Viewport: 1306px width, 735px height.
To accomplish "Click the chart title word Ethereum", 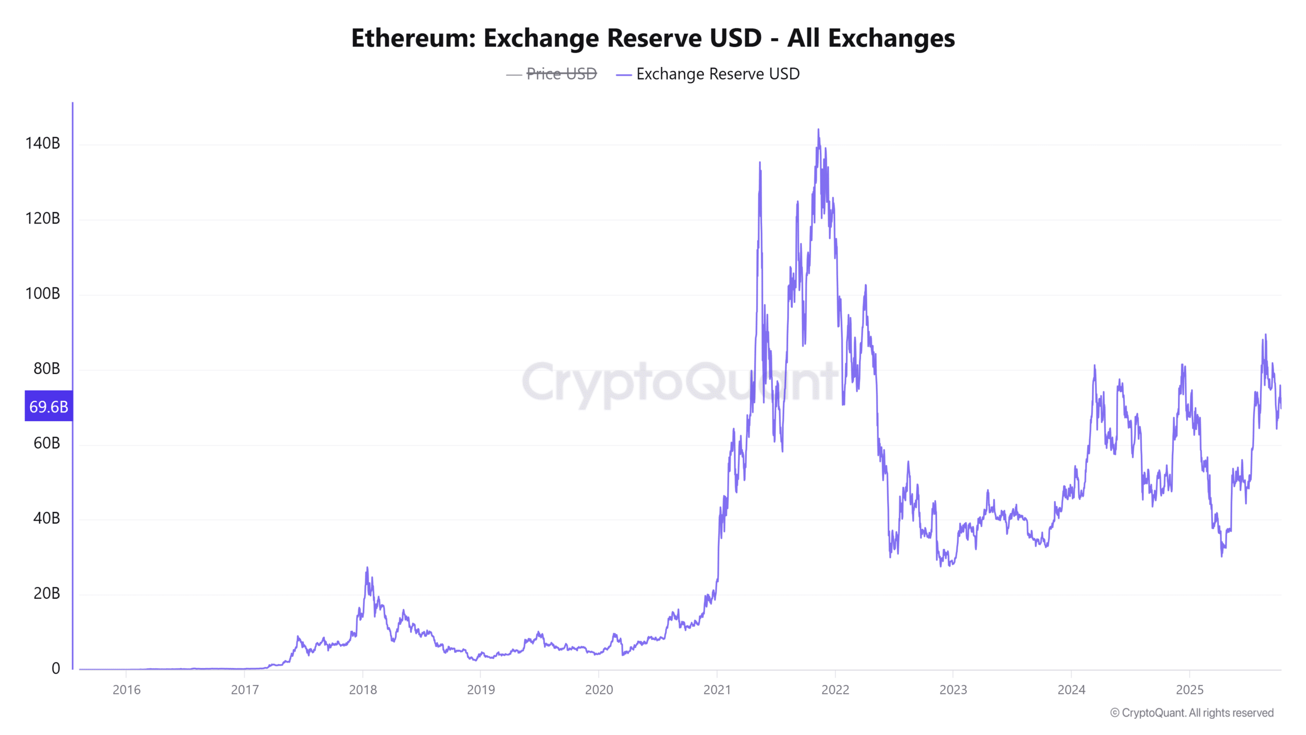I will (x=413, y=38).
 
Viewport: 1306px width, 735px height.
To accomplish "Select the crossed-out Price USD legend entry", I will (x=561, y=74).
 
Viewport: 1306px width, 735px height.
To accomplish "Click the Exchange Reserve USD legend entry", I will (x=717, y=74).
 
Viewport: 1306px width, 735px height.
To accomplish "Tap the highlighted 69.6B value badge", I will (x=48, y=406).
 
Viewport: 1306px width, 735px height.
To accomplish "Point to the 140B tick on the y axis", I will (x=43, y=143).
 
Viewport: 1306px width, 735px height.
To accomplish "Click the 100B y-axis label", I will (x=43, y=293).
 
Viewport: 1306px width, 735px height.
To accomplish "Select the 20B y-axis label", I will (x=46, y=593).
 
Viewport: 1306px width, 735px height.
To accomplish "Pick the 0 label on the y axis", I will (x=56, y=668).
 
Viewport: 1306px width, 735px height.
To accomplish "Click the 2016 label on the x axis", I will (x=127, y=690).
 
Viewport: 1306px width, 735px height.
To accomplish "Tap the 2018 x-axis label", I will (x=363, y=690).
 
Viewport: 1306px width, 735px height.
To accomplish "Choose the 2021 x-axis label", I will (x=717, y=690).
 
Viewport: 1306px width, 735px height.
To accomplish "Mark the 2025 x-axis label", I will (x=1189, y=690).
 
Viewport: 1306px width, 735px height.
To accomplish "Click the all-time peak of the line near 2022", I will (x=818, y=130).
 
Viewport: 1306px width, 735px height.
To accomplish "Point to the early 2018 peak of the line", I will (x=367, y=568).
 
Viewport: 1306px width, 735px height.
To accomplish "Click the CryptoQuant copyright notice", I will (x=1192, y=713).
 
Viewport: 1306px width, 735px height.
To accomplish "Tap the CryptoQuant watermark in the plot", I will (x=679, y=383).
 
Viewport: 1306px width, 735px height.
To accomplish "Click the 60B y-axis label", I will (x=46, y=443).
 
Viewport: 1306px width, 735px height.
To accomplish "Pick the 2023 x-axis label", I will (x=953, y=690).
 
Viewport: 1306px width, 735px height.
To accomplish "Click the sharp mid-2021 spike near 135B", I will (x=760, y=163).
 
